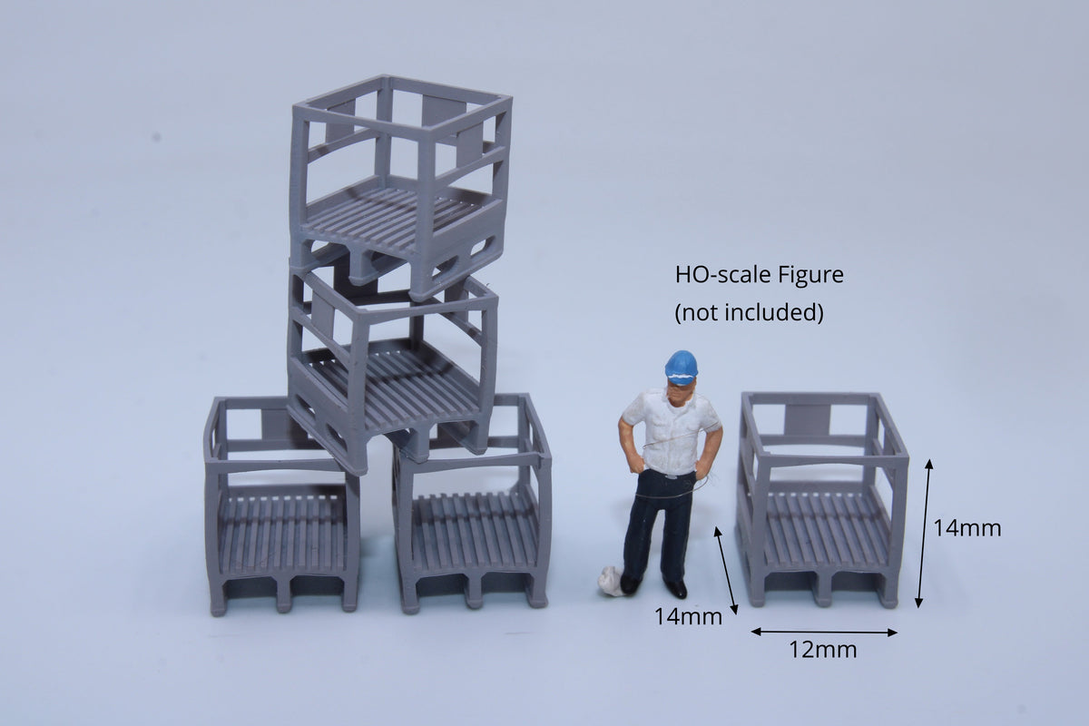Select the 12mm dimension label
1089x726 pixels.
point(822,650)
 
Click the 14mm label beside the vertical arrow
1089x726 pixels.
point(967,528)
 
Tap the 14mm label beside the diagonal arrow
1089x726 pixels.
point(688,617)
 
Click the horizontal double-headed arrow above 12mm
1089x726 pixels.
point(824,633)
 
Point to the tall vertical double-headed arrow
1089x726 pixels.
point(924,534)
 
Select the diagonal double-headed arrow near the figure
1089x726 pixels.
point(726,571)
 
